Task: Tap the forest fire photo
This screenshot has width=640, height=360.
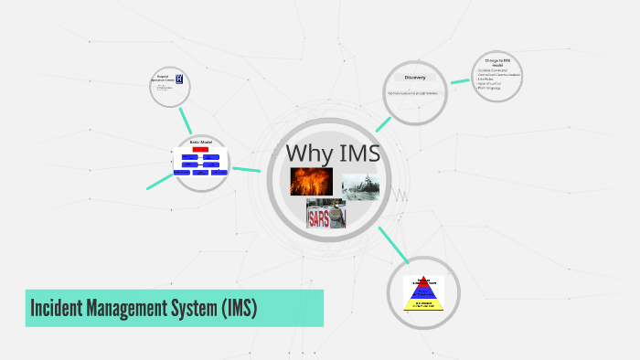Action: tap(311, 181)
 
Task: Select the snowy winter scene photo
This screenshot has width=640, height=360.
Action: tap(360, 187)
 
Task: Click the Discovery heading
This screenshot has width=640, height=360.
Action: tap(414, 78)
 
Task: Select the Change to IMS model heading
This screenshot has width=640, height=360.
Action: tap(497, 62)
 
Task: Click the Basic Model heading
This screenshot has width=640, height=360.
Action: tap(200, 142)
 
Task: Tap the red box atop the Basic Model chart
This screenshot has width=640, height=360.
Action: tap(200, 149)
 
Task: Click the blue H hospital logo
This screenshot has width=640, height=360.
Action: tap(178, 79)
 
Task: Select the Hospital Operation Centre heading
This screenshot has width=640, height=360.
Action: tap(163, 78)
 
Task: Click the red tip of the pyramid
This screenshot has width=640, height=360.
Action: tap(422, 281)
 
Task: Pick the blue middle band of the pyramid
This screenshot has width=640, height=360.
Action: tap(422, 291)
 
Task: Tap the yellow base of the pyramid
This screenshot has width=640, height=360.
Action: tap(422, 303)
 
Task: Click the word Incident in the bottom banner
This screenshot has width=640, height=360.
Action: tap(63, 309)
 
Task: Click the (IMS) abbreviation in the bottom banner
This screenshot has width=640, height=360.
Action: tap(240, 309)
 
